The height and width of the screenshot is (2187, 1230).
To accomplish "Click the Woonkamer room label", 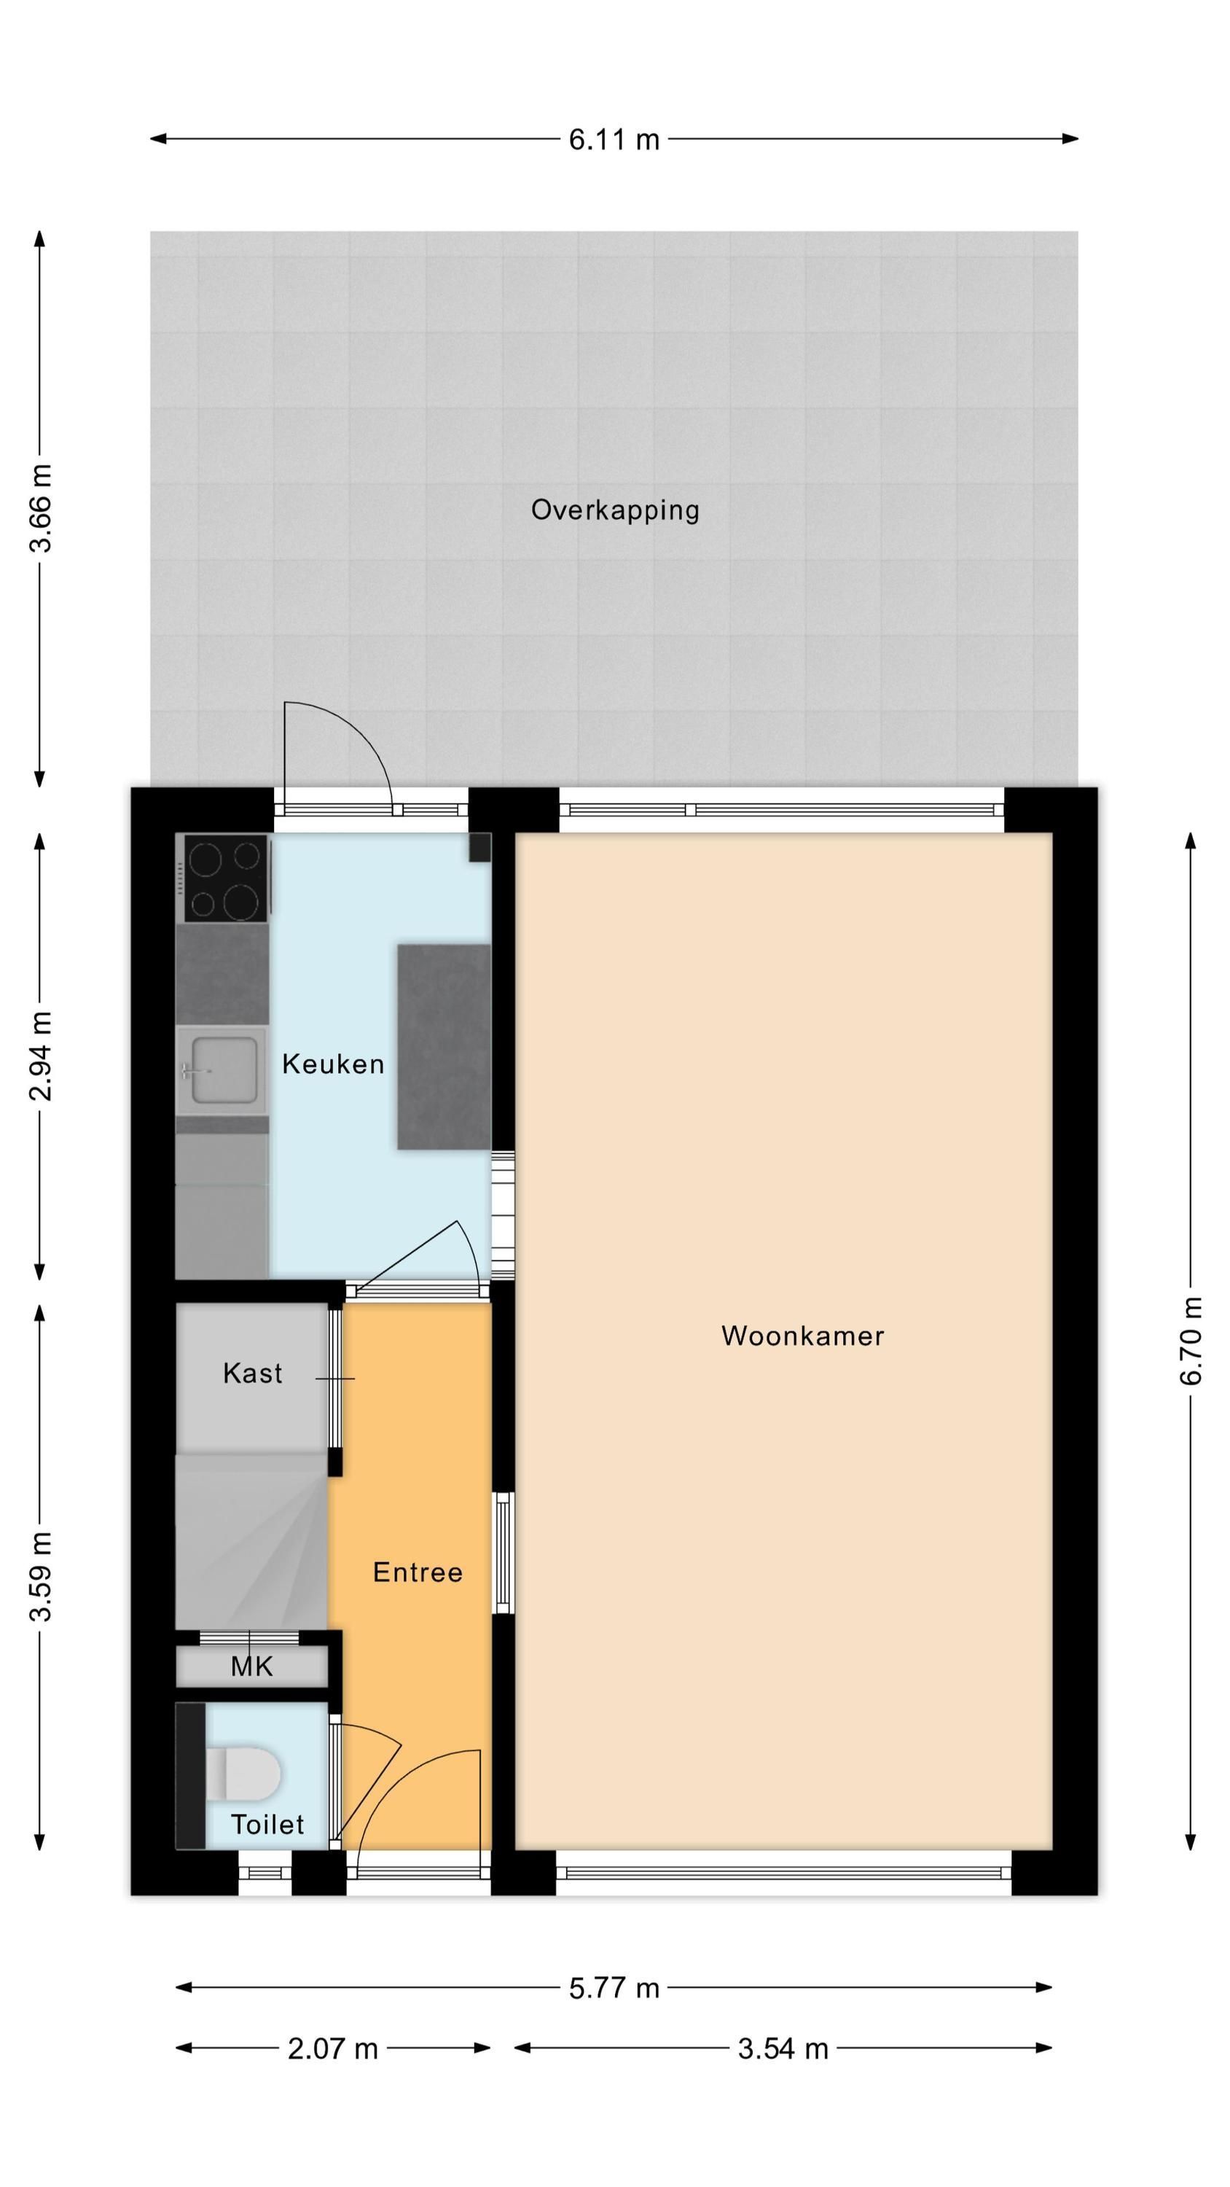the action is tap(802, 1336).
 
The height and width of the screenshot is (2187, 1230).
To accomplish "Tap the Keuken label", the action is tap(333, 1064).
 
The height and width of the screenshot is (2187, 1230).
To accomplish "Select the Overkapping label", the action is tap(614, 510).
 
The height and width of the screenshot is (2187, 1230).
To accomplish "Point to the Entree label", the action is tap(418, 1572).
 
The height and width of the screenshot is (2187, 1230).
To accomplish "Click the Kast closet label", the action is tap(252, 1373).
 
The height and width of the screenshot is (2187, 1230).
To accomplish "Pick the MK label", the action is tap(251, 1666).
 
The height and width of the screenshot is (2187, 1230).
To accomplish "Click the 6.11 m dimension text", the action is tap(614, 139).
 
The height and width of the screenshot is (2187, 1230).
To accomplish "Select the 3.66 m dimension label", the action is tap(41, 509).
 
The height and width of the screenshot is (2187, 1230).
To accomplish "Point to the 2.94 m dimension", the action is tap(41, 1056).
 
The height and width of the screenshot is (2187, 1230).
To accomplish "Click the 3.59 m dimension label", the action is tap(41, 1577).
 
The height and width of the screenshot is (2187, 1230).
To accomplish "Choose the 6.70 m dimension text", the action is tap(1191, 1341).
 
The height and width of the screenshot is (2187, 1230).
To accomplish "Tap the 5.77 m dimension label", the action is tap(614, 1988).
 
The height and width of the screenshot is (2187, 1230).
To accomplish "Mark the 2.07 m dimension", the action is tap(333, 2048).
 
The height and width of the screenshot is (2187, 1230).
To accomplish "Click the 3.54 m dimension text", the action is tap(783, 2048).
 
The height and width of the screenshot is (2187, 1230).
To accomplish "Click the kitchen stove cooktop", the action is tap(225, 878).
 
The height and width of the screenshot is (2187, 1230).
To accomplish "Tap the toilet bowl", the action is tap(243, 1773).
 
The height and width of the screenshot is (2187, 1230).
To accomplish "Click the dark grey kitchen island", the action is tap(444, 1047).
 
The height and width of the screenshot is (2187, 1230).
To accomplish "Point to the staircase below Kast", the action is tap(251, 1542).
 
